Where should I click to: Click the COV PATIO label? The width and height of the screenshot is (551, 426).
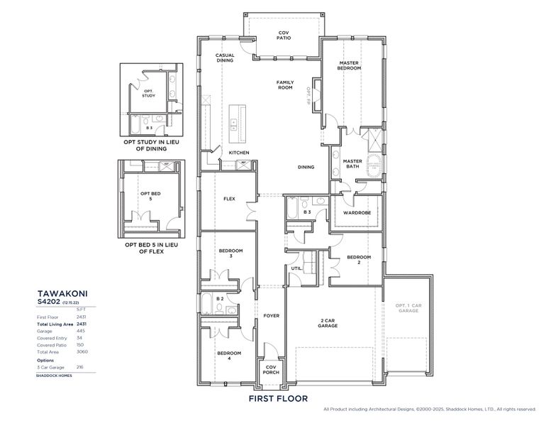[x=284, y=35]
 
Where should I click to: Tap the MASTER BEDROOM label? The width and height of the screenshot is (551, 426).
[x=348, y=65]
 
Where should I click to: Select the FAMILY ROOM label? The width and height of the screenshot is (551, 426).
[x=284, y=84]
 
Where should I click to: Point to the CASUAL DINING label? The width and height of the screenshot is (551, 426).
[x=226, y=58]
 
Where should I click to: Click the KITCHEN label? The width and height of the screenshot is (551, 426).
[x=238, y=153]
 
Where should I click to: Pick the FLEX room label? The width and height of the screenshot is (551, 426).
[x=229, y=199]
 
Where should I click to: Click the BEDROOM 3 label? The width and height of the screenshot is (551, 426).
[x=230, y=253]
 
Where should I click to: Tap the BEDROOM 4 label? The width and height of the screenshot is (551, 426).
[x=229, y=356]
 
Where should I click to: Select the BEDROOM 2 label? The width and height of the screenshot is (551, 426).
[x=359, y=260]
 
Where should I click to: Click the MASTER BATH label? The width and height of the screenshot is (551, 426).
[x=352, y=164]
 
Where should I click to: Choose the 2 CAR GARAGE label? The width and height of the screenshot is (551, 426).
[x=327, y=323]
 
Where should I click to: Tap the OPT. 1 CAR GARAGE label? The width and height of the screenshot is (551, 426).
[x=407, y=308]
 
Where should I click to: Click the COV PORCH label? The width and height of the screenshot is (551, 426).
[x=270, y=370]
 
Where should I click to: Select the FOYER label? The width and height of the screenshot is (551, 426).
[x=271, y=315]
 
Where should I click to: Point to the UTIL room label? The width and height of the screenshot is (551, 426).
[x=306, y=268]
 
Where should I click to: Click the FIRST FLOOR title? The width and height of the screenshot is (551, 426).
[x=278, y=398]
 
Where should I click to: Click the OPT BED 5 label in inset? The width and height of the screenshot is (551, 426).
[x=146, y=196]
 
